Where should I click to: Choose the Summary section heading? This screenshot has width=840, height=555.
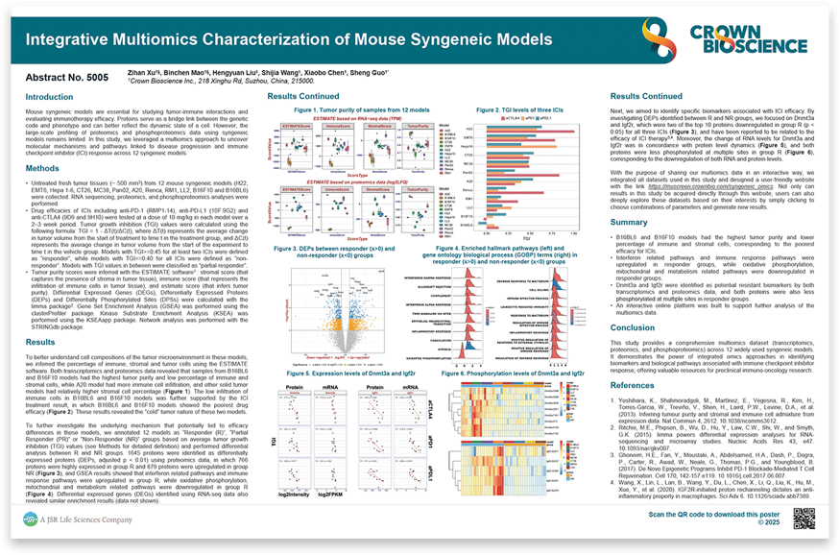coord(630,222)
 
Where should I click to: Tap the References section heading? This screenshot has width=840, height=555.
coord(635,384)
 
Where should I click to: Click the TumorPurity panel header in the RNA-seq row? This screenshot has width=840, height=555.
coord(416,125)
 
